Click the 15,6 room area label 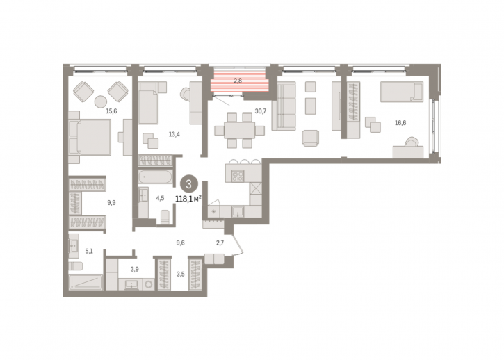tap(111, 111)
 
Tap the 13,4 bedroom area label tap(174, 134)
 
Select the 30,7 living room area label tap(261, 111)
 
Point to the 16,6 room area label tap(400, 123)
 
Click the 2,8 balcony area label tap(238, 81)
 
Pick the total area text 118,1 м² tap(188, 199)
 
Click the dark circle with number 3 tap(188, 184)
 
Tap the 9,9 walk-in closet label tap(111, 203)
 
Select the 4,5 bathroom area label tap(160, 198)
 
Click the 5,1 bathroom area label tap(89, 252)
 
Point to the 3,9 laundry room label tap(134, 270)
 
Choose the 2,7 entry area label tap(220, 243)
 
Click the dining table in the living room tap(239, 130)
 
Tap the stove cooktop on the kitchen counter tap(238, 176)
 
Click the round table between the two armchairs tap(100, 101)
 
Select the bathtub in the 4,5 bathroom tap(156, 177)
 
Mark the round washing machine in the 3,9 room tap(149, 284)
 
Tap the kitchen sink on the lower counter tap(238, 212)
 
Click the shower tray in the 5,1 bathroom tap(86, 283)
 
